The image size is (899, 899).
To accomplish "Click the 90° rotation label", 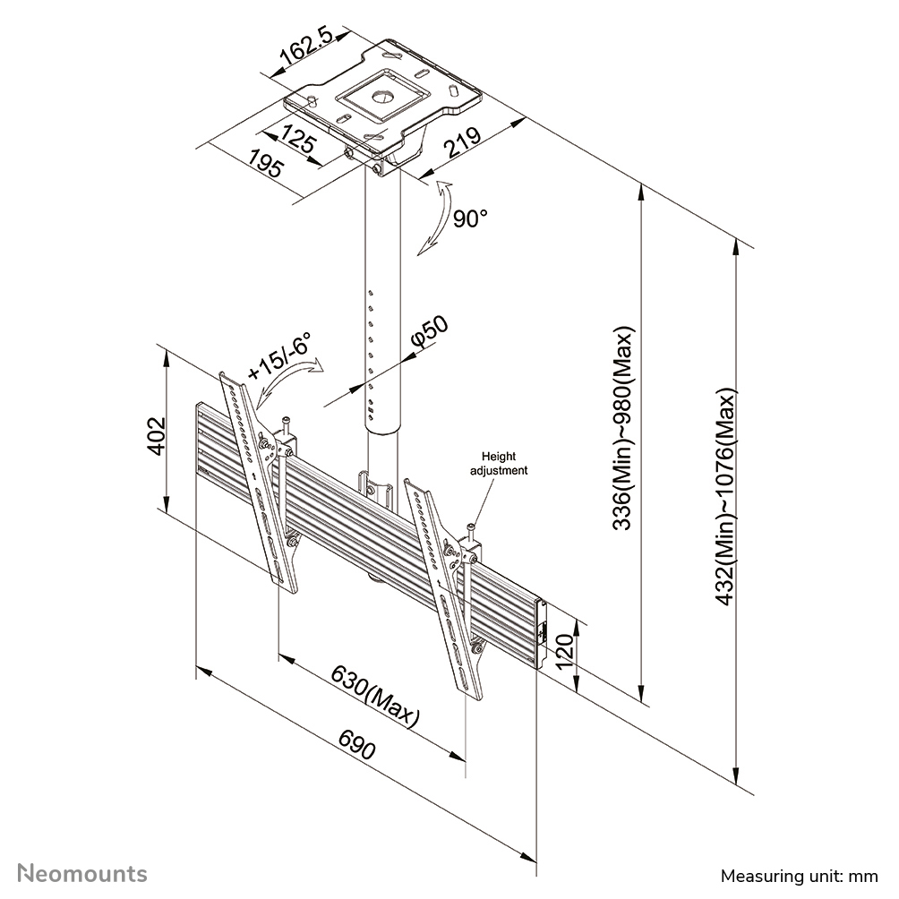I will pyautogui.click(x=469, y=218).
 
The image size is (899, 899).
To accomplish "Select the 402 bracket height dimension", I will pyautogui.click(x=155, y=437).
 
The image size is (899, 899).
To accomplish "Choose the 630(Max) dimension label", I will pyautogui.click(x=375, y=695).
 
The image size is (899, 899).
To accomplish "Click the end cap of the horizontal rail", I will pyautogui.click(x=541, y=635).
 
